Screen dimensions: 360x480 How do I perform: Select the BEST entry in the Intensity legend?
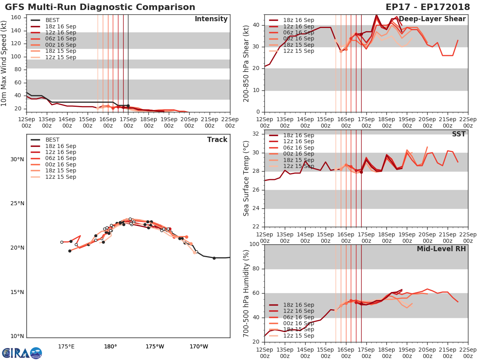click(52, 20)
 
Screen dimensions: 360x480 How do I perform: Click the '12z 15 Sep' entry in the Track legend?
click(60, 177)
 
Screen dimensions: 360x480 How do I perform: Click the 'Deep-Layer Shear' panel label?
click(432, 19)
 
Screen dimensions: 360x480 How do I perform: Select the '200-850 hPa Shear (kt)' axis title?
click(246, 63)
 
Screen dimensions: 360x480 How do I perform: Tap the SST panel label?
click(458, 134)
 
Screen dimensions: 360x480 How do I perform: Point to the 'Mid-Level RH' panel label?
click(441, 249)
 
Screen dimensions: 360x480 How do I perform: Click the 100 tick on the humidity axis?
click(255, 244)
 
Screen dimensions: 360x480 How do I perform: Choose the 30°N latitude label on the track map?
click(17, 159)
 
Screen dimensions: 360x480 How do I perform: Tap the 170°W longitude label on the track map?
click(199, 346)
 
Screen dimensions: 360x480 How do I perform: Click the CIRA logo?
click(22, 353)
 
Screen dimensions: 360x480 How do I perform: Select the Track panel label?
click(217, 140)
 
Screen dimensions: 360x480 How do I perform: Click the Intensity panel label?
click(211, 19)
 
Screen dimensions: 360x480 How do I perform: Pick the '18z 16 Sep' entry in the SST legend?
click(298, 135)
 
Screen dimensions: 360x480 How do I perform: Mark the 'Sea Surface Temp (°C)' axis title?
click(246, 178)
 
